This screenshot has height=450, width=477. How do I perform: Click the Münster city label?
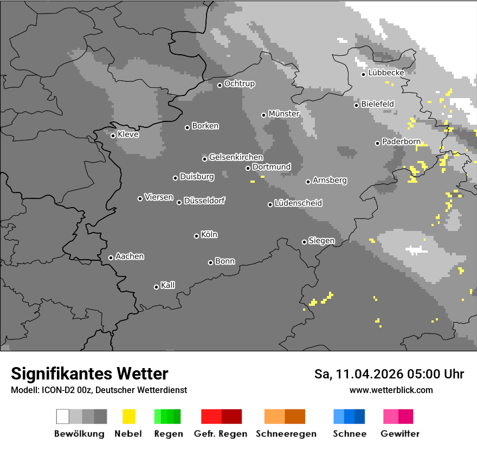pyautogui.click(x=284, y=114)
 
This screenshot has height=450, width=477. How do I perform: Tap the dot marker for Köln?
pyautogui.click(x=196, y=236)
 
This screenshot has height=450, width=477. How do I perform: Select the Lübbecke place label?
pyautogui.click(x=386, y=73)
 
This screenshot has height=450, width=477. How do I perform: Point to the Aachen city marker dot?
pyautogui.click(x=111, y=258)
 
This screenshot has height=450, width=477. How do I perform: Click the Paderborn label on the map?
pyautogui.click(x=401, y=142)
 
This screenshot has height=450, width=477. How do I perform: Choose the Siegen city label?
pyautogui.click(x=321, y=241)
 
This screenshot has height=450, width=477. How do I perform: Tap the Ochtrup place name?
pyautogui.click(x=240, y=84)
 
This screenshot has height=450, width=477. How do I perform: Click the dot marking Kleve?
pyautogui.click(x=113, y=136)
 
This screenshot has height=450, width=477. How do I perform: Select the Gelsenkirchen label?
pyautogui.click(x=236, y=157)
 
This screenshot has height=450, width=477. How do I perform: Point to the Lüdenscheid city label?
pyautogui.click(x=298, y=203)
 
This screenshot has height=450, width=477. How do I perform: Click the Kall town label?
pyautogui.click(x=168, y=285)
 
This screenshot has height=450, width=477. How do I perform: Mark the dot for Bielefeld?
pyautogui.click(x=356, y=105)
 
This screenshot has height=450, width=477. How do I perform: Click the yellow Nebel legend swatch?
pyautogui.click(x=128, y=416)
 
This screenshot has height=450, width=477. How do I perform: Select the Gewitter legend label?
pyautogui.click(x=400, y=434)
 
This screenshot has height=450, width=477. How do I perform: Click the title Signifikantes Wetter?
pyautogui.click(x=89, y=374)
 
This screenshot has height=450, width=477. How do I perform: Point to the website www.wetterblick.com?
pyautogui.click(x=391, y=390)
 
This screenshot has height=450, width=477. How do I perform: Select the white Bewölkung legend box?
pyautogui.click(x=63, y=416)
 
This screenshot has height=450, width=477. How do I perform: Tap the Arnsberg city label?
pyautogui.click(x=330, y=180)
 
